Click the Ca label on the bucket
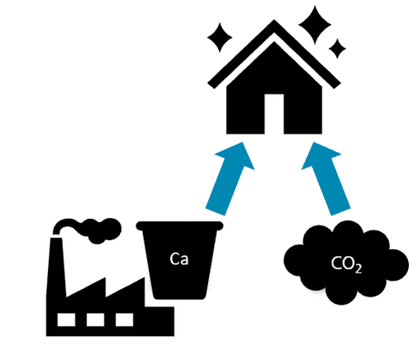[179, 258]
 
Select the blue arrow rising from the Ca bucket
[230, 179]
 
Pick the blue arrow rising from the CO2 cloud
[325, 179]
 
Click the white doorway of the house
[274, 114]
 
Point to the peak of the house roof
[274, 20]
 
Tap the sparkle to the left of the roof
[220, 37]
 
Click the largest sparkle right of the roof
[315, 25]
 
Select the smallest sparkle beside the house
[337, 49]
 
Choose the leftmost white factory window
[66, 320]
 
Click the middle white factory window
[96, 320]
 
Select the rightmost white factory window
[125, 320]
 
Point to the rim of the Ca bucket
[179, 225]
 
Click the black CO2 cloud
[346, 263]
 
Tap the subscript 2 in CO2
[358, 269]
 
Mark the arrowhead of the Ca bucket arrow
[236, 156]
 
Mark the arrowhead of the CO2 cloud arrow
[320, 156]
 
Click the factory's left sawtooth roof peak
[105, 278]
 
